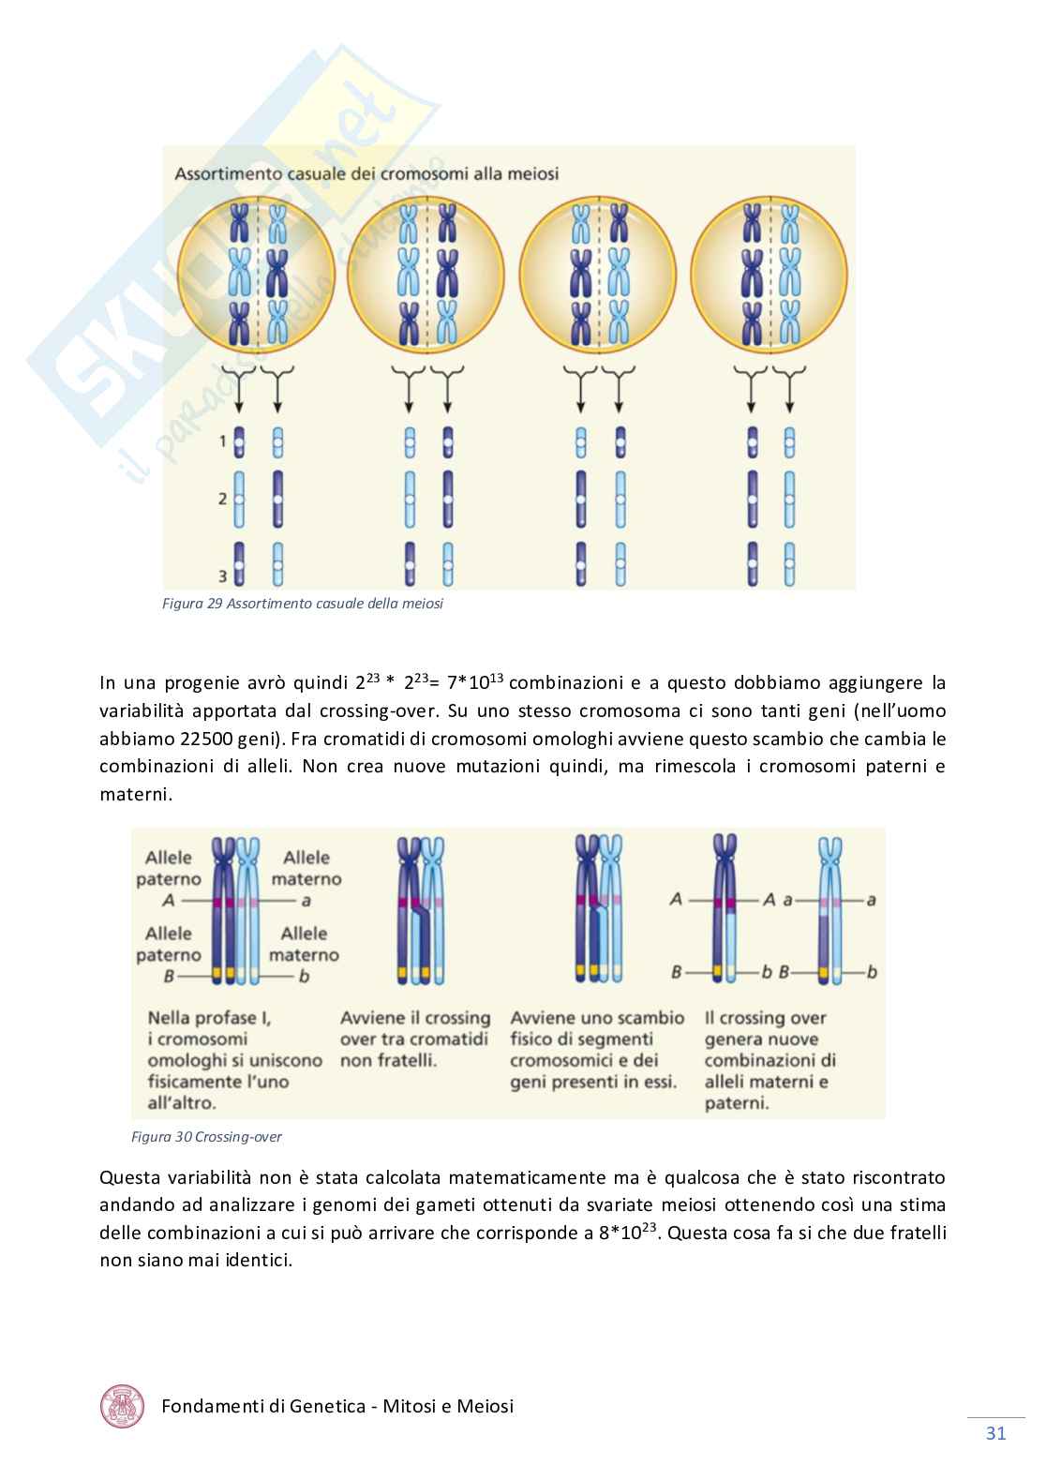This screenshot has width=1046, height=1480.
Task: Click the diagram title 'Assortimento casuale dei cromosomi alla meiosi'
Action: [x=366, y=173]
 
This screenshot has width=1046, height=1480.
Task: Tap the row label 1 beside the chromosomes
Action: [x=223, y=440]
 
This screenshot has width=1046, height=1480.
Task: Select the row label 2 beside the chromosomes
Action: [x=223, y=498]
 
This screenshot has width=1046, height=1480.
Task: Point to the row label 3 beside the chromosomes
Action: [x=223, y=576]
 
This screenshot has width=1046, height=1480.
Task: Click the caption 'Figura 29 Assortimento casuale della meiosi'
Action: [x=303, y=604]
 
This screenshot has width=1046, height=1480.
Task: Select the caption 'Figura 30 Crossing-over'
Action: [x=207, y=1137]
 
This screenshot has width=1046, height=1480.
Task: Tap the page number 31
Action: [x=995, y=1433]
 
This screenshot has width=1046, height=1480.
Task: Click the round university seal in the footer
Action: [x=123, y=1407]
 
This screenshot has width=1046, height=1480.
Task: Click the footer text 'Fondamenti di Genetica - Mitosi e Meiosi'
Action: [x=337, y=1407]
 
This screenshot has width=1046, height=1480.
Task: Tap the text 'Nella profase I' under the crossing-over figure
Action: [x=209, y=1018]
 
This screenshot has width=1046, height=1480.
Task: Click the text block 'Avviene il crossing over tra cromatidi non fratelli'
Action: [x=415, y=1039]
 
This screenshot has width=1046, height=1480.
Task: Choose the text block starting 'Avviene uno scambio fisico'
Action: [x=597, y=1050]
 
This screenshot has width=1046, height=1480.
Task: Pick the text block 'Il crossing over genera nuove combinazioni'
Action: [x=770, y=1060]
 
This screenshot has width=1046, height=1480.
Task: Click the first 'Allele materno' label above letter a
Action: [x=306, y=868]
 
